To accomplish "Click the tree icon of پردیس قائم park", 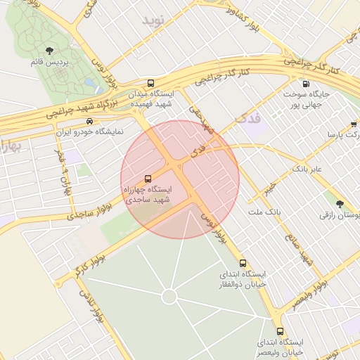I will (x=49, y=50).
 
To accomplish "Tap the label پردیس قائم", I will (x=49, y=63).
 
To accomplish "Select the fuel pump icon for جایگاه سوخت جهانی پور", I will (x=304, y=84).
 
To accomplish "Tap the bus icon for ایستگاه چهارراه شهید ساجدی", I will (x=148, y=179).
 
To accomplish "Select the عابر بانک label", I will (x=307, y=169).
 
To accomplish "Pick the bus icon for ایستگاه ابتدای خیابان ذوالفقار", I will (x=243, y=263).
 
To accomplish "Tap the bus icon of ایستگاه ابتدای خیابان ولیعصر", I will (x=281, y=331).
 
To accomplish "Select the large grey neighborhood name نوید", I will (x=157, y=20).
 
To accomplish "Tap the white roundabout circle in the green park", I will (x=169, y=297).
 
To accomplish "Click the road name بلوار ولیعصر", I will (x=309, y=293).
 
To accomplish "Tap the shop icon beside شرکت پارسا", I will (x=353, y=124).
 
